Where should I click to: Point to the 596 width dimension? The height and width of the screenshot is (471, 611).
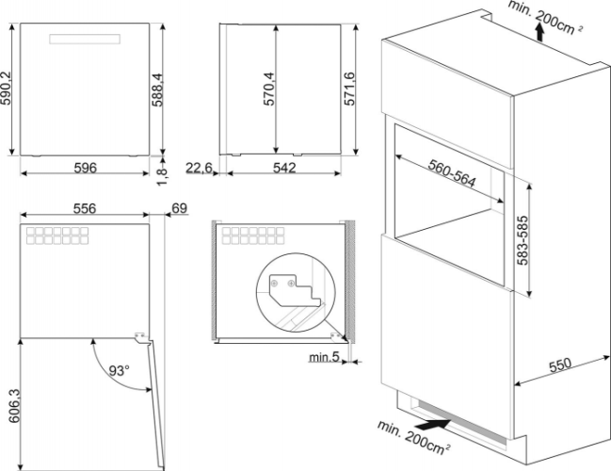(x=86, y=168)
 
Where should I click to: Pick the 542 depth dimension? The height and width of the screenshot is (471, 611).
(x=284, y=168)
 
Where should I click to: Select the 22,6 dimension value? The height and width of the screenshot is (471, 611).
(x=200, y=168)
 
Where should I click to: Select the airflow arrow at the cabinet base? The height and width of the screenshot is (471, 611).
(x=427, y=425)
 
